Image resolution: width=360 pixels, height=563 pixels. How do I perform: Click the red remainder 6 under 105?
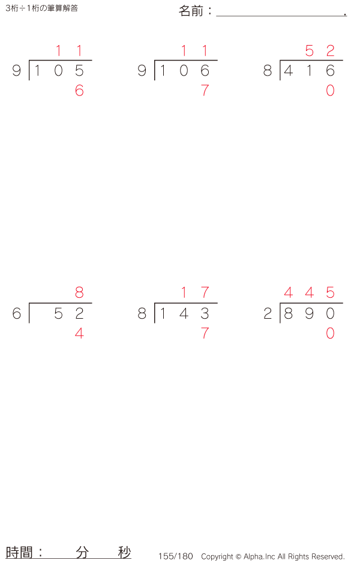79,91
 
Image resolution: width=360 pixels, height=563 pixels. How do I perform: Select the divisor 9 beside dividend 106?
142,71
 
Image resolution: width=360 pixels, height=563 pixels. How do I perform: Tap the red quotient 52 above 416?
320,51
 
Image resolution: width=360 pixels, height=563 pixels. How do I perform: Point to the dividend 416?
309,71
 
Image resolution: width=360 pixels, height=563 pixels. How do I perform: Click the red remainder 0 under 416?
330,91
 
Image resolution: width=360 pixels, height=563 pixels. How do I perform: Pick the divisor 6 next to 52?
17,314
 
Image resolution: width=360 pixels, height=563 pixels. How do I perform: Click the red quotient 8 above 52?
79,293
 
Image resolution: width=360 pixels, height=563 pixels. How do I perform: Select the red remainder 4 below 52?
79,334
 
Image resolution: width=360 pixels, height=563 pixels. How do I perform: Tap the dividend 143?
184,314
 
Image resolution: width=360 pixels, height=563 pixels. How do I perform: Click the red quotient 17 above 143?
194,293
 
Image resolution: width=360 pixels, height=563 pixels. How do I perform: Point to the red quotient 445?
309,293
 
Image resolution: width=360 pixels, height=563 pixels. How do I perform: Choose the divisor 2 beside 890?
268,314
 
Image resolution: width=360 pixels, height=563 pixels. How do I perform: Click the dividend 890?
309,314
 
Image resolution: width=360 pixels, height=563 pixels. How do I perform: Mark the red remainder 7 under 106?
205,91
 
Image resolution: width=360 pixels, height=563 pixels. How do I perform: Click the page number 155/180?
176,556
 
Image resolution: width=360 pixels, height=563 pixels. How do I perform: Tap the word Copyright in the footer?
217,556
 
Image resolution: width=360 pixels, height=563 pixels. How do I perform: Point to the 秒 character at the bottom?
124,553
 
